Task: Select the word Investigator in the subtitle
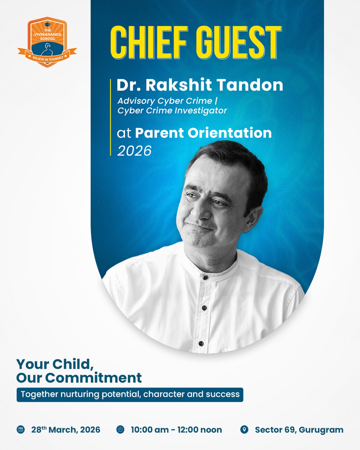coord(199,111)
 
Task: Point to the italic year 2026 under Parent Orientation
coord(134,151)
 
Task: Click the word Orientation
coord(230,133)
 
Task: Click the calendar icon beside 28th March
coord(21,430)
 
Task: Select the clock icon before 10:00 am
coord(120,429)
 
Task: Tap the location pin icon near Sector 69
coord(244,429)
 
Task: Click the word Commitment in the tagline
coord(93,378)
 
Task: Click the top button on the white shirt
coord(205,278)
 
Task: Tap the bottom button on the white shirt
coord(201,343)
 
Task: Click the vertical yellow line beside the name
coord(110,118)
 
